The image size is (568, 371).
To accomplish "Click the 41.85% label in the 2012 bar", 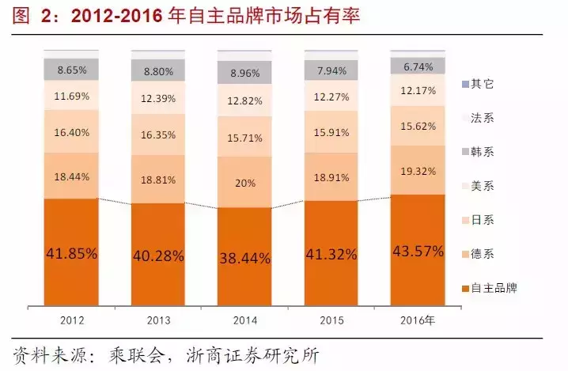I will tap(71, 254).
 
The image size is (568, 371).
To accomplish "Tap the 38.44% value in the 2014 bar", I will tap(245, 257).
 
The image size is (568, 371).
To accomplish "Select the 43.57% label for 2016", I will tap(418, 251).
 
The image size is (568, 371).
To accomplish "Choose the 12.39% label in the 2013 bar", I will tap(158, 98).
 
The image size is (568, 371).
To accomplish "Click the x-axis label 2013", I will tap(158, 321).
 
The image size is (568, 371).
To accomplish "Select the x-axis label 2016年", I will tap(418, 321).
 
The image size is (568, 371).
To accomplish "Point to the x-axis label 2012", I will tap(71, 321).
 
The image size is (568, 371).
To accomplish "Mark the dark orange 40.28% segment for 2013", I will tap(158, 256).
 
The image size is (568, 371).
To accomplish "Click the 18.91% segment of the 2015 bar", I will tap(331, 176).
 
